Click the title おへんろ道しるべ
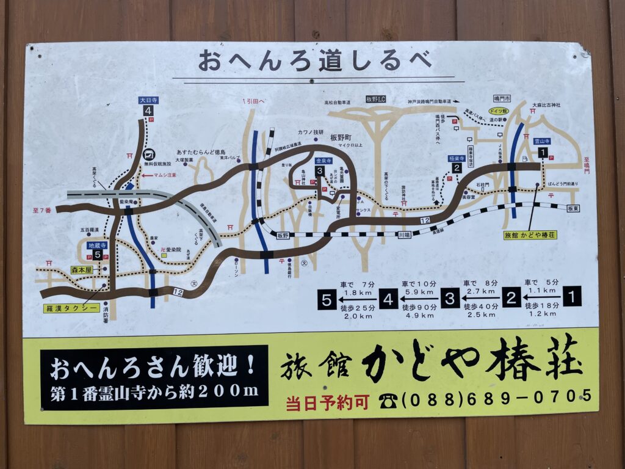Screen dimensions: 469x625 pyautogui.click(x=314, y=61)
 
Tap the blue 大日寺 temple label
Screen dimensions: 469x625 pyautogui.click(x=148, y=100)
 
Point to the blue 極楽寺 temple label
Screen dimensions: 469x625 pyautogui.click(x=456, y=158)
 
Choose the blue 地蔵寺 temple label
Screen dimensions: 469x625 pyautogui.click(x=97, y=245)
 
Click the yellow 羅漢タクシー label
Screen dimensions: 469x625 pyautogui.click(x=71, y=308)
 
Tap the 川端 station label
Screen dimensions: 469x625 pyautogui.click(x=404, y=234)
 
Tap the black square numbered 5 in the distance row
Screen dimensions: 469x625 pyautogui.click(x=327, y=300)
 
